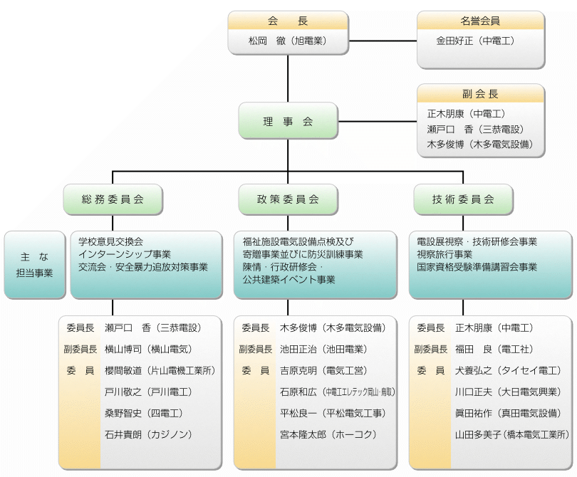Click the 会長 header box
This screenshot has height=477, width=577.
(x=288, y=21)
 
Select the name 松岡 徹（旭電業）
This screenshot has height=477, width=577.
(x=288, y=41)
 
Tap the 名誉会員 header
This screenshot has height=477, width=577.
(x=480, y=21)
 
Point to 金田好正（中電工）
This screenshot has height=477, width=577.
(x=475, y=41)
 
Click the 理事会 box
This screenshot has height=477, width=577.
(x=288, y=122)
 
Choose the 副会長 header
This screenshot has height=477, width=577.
(x=480, y=94)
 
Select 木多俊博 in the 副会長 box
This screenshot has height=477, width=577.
(x=475, y=144)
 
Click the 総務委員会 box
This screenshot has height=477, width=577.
(x=113, y=199)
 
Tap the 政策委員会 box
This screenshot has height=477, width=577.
(x=288, y=199)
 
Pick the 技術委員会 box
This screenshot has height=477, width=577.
(x=463, y=199)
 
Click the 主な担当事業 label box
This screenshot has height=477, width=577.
(x=34, y=264)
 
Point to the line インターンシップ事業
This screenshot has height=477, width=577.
(x=125, y=254)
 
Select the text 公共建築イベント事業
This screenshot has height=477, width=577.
(x=288, y=280)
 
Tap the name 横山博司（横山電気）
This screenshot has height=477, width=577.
(x=147, y=350)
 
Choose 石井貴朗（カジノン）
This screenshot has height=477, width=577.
(x=147, y=434)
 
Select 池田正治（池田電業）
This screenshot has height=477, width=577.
(x=323, y=350)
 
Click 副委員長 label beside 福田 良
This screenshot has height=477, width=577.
(x=431, y=350)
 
